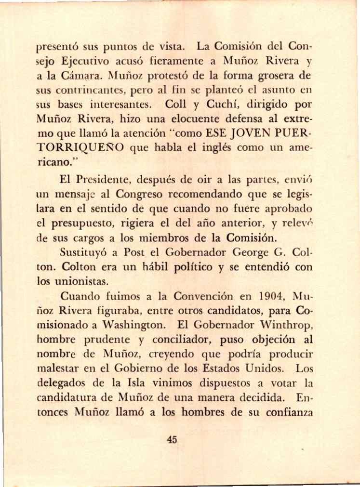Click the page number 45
click(172, 439)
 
